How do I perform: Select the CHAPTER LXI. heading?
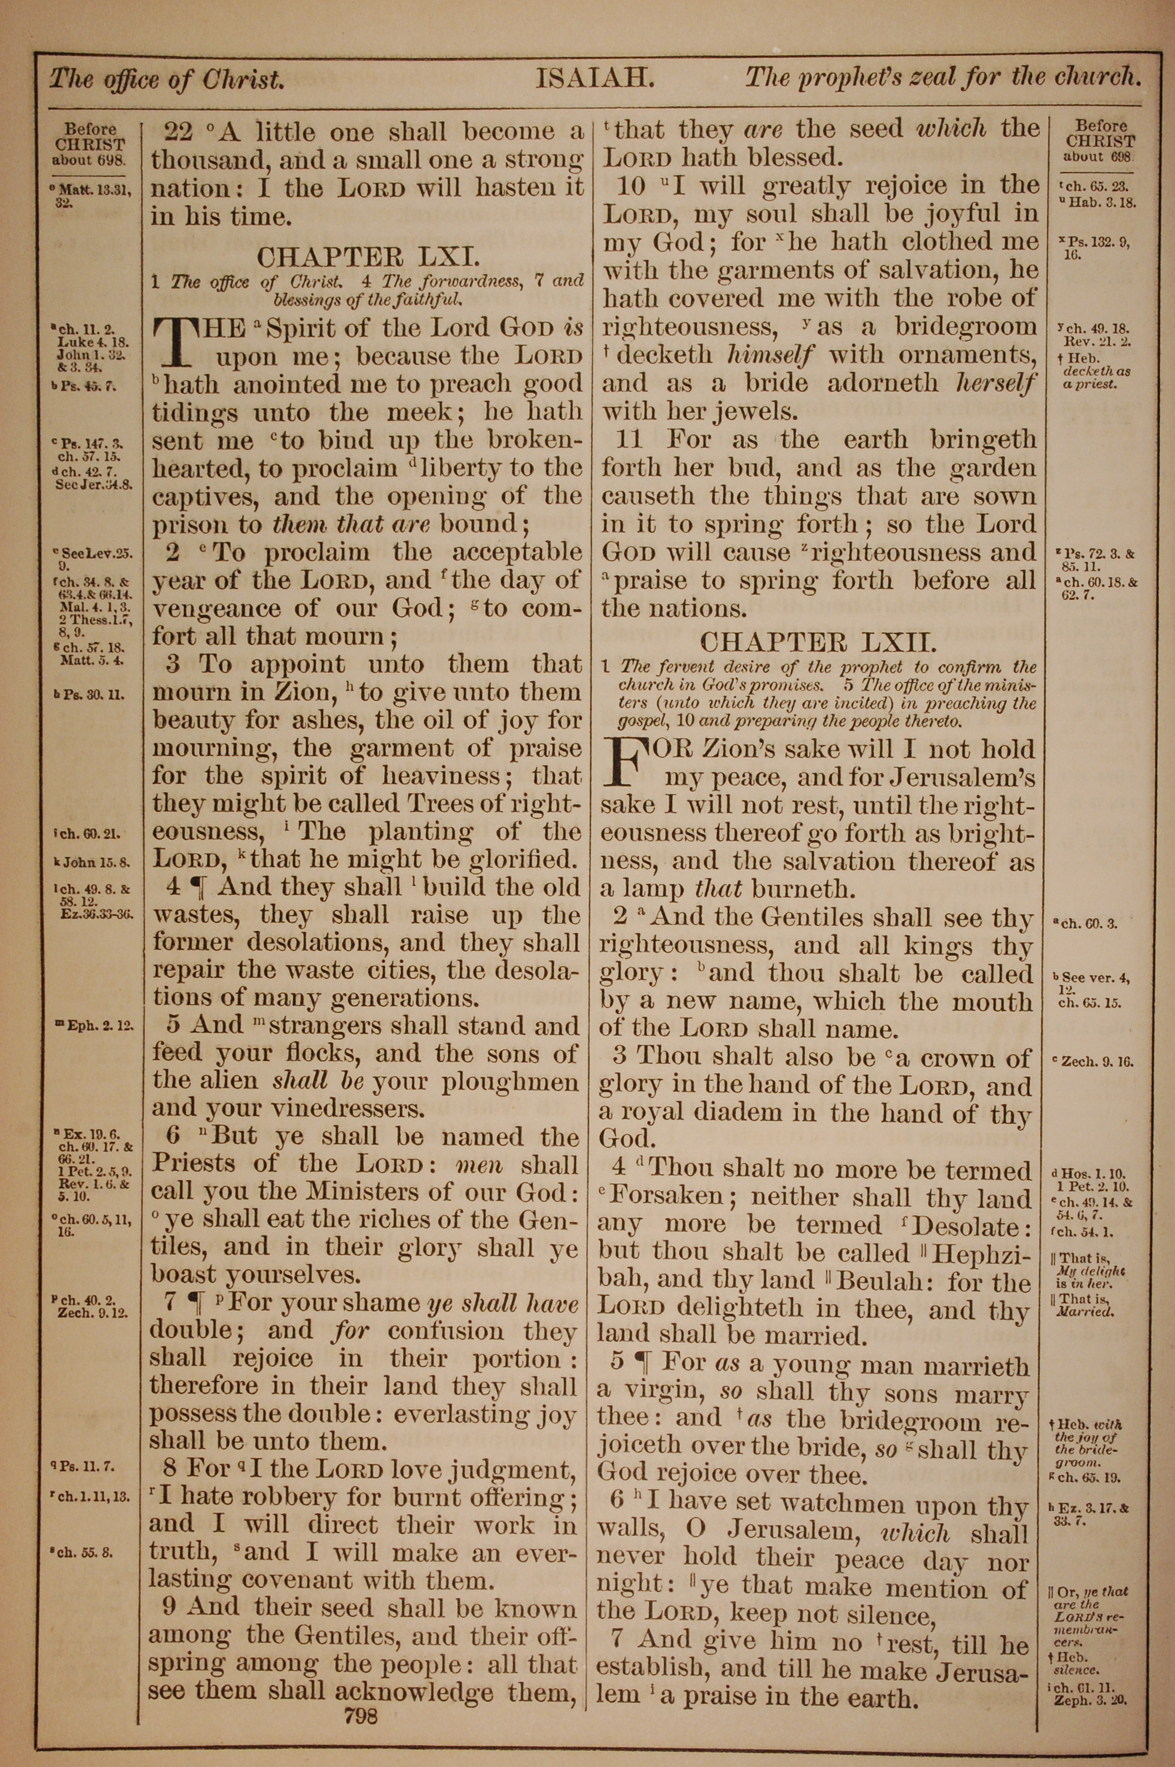(x=367, y=257)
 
